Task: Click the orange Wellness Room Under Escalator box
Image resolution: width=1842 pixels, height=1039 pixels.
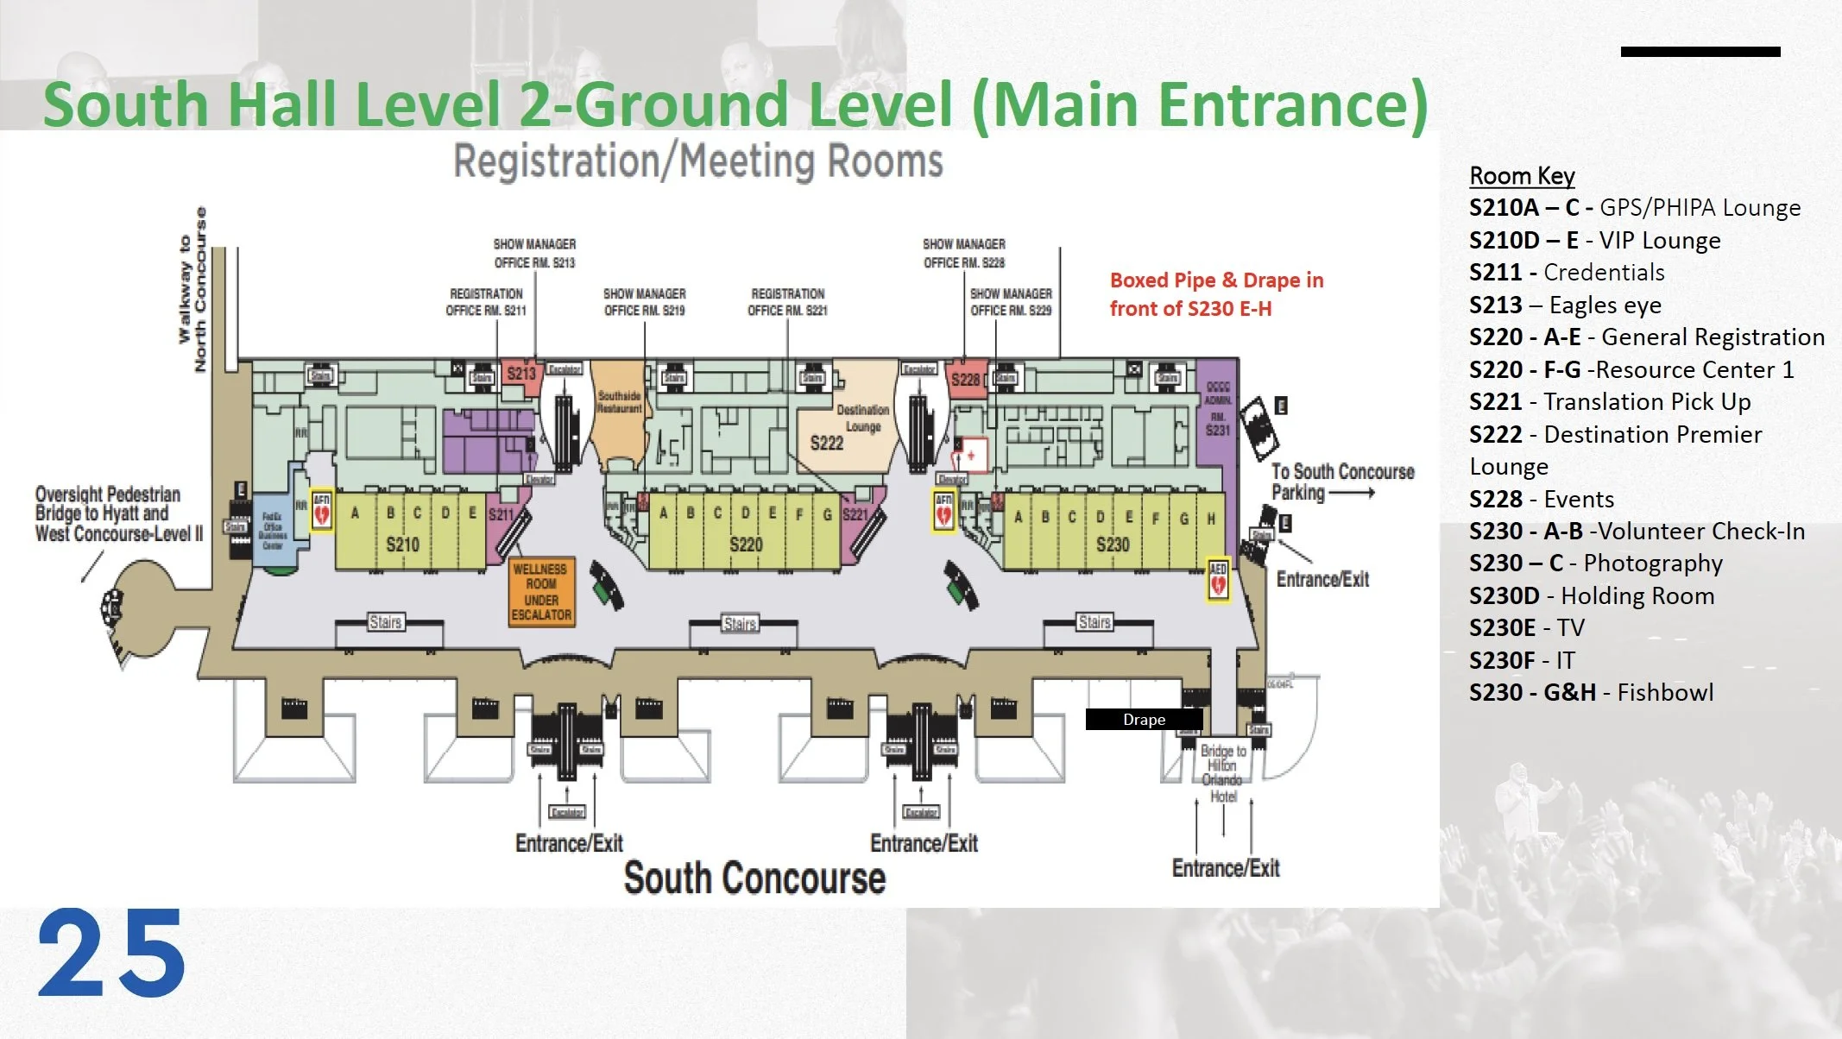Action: click(x=541, y=592)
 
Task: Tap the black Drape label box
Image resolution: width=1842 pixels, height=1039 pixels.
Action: click(x=1144, y=720)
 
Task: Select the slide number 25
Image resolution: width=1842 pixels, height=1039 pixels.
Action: click(x=111, y=954)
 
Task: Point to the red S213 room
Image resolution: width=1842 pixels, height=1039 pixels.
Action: click(x=521, y=375)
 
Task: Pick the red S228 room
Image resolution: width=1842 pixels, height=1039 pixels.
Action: click(x=966, y=380)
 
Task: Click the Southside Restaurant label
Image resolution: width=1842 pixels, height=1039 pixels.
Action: click(x=619, y=403)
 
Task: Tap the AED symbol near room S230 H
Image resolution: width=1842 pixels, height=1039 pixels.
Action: click(x=1218, y=579)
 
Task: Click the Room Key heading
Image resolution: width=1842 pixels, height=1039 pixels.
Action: click(x=1522, y=176)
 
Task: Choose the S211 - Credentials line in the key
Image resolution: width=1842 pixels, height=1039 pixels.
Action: click(x=1566, y=273)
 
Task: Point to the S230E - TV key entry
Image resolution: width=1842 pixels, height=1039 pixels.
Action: click(x=1526, y=628)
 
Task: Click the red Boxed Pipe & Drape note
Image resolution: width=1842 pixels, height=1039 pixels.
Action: click(x=1215, y=294)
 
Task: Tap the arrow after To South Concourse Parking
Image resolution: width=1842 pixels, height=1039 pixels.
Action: click(x=1353, y=494)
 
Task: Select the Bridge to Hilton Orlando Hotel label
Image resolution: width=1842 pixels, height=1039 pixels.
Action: click(x=1223, y=773)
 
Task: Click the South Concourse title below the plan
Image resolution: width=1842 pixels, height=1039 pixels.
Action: click(x=754, y=878)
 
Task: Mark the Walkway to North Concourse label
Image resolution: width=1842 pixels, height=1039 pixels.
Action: click(x=192, y=290)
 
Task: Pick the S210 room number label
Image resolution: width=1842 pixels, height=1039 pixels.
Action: click(x=402, y=545)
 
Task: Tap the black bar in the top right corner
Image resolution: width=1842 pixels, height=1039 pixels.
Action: click(x=1700, y=52)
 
